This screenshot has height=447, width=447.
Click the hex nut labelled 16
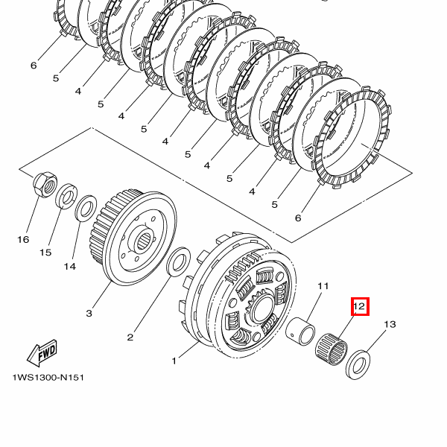tap(45, 185)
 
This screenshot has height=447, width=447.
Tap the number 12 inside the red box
tap(359, 306)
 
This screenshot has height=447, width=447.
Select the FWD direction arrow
tap(42, 352)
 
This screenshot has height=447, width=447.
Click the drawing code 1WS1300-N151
tap(48, 378)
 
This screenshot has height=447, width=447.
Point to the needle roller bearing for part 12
tap(332, 349)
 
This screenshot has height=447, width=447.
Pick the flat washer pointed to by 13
tap(358, 365)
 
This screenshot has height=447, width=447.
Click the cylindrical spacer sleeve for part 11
tap(300, 331)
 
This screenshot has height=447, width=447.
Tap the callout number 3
tap(89, 314)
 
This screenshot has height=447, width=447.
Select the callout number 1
tap(174, 361)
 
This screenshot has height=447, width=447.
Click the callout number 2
tap(130, 337)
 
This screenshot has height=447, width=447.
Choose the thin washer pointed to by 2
tap(178, 262)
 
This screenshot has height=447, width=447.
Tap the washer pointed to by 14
tap(86, 208)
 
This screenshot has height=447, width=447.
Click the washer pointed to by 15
tap(66, 197)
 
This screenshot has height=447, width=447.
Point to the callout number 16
tap(23, 239)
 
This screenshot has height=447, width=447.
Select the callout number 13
tap(390, 324)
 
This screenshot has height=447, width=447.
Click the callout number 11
tap(323, 286)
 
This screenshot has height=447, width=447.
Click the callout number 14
tap(70, 267)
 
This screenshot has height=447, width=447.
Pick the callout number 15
tap(45, 253)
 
